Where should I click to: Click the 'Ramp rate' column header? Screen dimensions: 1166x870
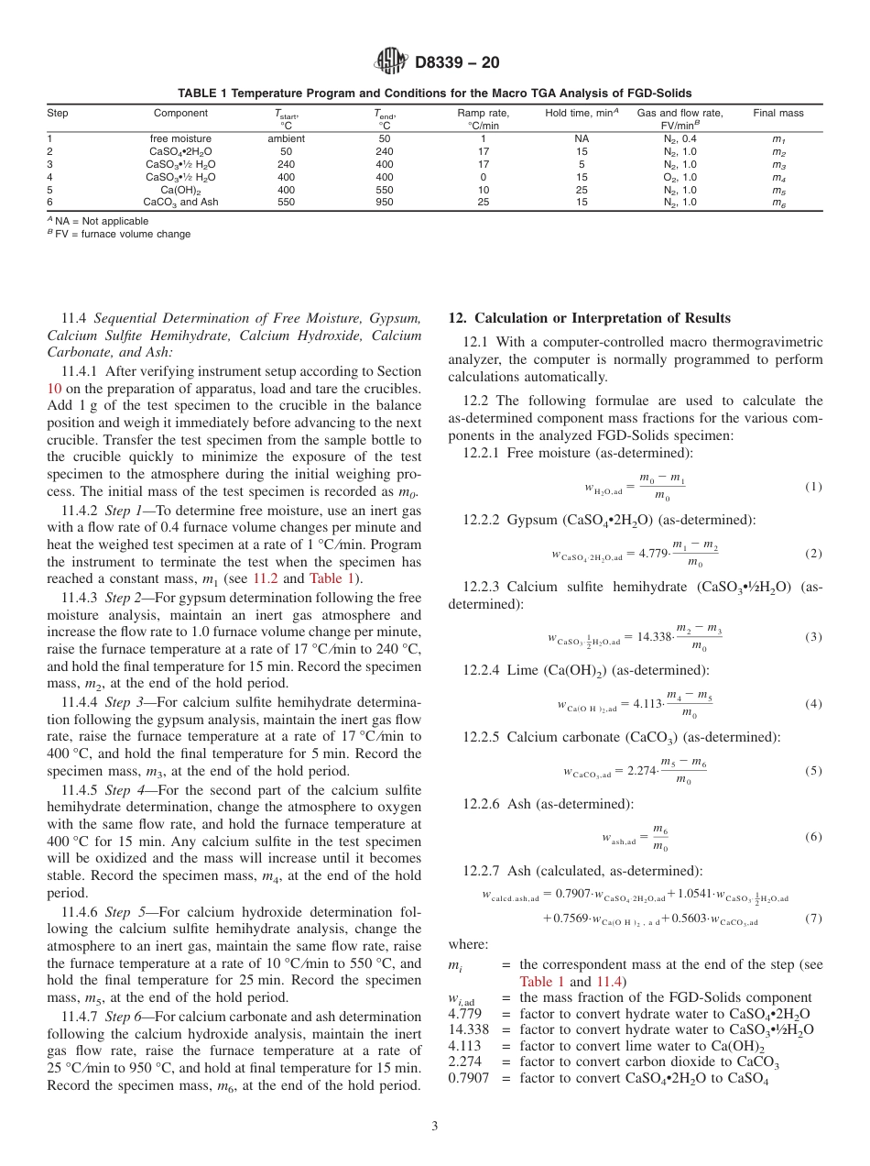(483, 114)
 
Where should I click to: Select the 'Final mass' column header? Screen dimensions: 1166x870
(778, 114)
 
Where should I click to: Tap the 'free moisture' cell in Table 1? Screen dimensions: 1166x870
(180, 138)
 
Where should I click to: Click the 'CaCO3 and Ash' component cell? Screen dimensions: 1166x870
(180, 202)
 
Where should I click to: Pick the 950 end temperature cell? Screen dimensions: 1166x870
(384, 202)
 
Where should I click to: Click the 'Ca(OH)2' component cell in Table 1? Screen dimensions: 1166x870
(180, 190)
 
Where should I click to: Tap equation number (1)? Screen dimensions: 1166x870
(813, 487)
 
